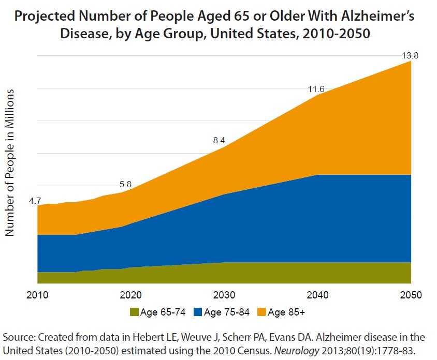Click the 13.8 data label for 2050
[x=410, y=55]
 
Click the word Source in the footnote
[x=17, y=337]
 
